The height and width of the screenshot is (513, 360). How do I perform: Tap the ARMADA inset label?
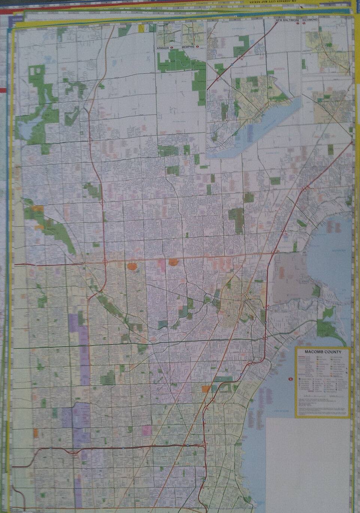[x=163, y=48]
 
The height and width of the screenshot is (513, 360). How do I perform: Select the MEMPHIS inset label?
[x=189, y=48]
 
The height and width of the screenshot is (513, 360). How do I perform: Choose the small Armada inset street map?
[x=168, y=34]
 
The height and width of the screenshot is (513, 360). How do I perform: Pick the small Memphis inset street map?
[x=193, y=34]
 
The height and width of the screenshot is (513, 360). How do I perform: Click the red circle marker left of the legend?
[x=290, y=381]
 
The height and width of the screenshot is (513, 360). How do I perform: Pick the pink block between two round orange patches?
[x=162, y=264]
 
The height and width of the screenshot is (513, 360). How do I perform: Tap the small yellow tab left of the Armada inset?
[x=142, y=28]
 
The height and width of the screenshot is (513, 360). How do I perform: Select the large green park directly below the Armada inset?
[x=176, y=60]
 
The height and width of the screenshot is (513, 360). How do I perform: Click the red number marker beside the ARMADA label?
[x=172, y=48]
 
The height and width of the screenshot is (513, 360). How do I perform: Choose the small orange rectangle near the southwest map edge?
[x=36, y=433]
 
